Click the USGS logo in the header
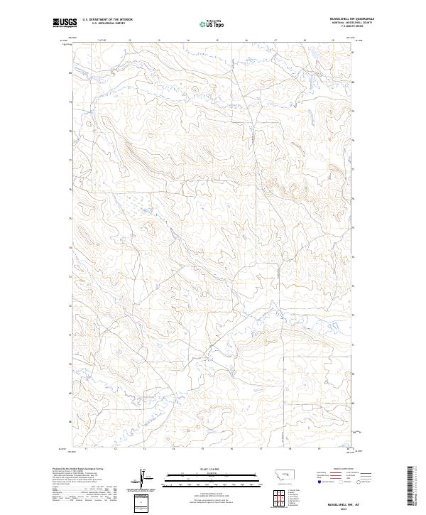coord(65,23)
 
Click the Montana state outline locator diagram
coord(278,474)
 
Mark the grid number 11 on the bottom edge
coord(85,450)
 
